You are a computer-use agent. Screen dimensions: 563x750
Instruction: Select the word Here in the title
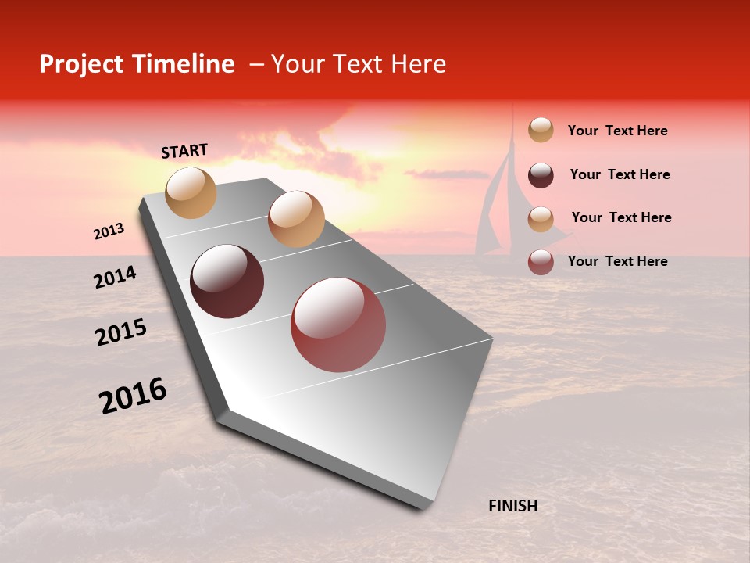click(x=418, y=64)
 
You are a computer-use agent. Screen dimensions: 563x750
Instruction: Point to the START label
click(x=184, y=151)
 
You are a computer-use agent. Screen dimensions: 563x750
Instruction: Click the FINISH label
click(x=512, y=506)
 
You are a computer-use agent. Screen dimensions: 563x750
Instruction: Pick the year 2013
click(x=109, y=231)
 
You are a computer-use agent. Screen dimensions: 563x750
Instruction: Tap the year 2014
click(x=115, y=278)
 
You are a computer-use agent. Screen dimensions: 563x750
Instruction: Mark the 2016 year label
click(x=133, y=396)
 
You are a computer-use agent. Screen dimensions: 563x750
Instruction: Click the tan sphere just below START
click(x=191, y=192)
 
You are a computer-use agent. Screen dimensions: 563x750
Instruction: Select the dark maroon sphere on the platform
click(x=227, y=281)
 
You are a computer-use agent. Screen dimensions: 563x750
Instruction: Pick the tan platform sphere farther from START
click(x=296, y=219)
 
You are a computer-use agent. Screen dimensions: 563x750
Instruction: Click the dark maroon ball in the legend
click(x=541, y=175)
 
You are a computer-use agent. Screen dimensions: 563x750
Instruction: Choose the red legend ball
click(x=541, y=262)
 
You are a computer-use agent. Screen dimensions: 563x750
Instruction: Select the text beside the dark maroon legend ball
click(x=620, y=174)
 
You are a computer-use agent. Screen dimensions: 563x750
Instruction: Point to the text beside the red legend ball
click(x=617, y=261)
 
